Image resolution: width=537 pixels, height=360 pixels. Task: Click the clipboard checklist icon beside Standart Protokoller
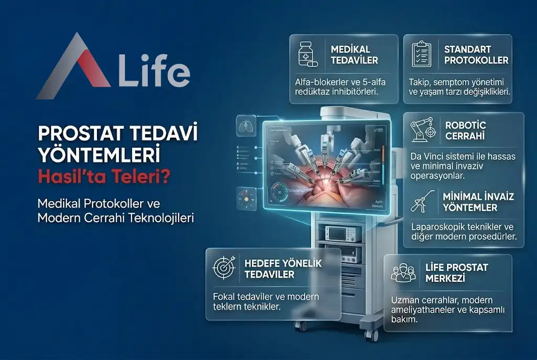pyautogui.click(x=421, y=54)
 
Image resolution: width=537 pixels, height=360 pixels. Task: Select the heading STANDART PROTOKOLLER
pyautogui.click(x=476, y=54)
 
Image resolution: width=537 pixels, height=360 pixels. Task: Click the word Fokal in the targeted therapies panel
pyautogui.click(x=224, y=297)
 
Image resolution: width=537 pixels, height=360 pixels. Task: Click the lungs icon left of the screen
pyautogui.click(x=243, y=126)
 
